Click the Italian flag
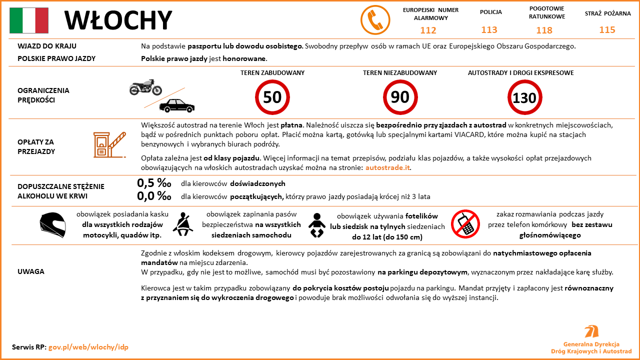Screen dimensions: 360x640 coord(29,20)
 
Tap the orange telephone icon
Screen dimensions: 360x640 coord(375,20)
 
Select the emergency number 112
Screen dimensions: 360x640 coord(428,30)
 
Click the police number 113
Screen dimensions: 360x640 coord(489,30)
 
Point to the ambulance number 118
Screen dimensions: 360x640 coord(544,30)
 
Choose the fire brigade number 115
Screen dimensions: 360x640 coord(607,30)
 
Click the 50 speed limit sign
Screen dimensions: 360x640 coord(272,97)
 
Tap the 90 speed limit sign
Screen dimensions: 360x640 coord(400,97)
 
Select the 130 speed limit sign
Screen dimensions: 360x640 coord(524,97)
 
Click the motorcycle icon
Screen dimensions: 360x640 coord(145,87)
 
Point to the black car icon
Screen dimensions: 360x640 coord(176,105)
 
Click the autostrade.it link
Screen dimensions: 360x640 coord(387,167)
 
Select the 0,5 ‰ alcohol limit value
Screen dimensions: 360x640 coord(154,183)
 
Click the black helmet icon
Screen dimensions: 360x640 coord(52,224)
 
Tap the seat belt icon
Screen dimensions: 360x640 coord(182,224)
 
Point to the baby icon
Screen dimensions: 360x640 coord(316,225)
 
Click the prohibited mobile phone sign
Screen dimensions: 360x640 coord(465,223)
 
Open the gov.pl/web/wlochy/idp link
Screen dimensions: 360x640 coord(88,346)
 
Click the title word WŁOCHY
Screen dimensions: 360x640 coord(118,20)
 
